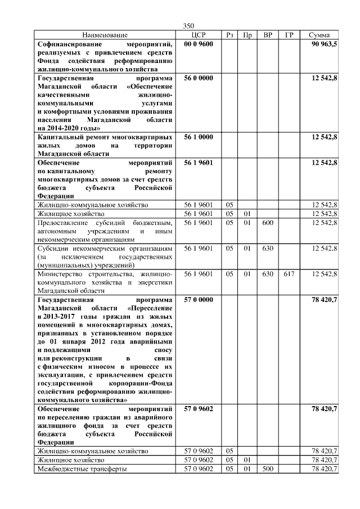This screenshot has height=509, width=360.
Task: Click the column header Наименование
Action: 105,35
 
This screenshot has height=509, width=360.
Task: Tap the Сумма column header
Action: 319,35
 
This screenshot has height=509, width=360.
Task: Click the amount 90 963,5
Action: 324,44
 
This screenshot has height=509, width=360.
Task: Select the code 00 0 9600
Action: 199,44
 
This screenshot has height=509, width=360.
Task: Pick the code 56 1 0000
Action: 199,137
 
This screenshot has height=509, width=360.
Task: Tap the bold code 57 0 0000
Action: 199,300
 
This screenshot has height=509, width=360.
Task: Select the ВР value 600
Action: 268,223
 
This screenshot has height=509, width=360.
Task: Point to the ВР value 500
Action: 268,469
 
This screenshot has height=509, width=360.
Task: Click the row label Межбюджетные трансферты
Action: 82,469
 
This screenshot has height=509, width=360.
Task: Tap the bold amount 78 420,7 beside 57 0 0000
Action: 324,300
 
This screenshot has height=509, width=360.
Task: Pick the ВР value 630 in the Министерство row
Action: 268,274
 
